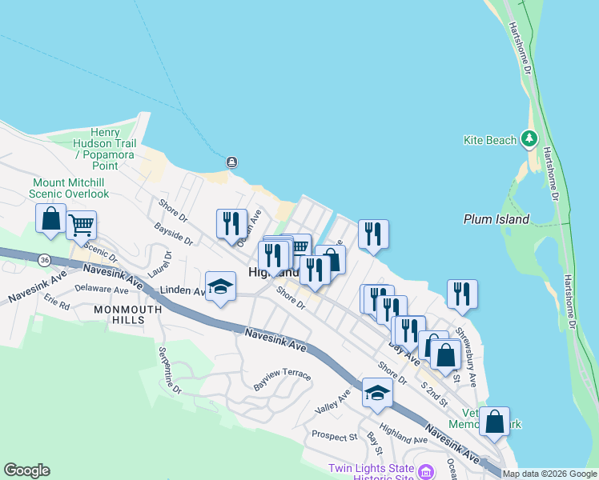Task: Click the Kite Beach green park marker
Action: pyautogui.click(x=529, y=139)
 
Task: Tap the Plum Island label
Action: pyautogui.click(x=496, y=219)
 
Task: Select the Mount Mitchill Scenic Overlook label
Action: pyautogui.click(x=70, y=188)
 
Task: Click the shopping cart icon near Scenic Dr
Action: pyautogui.click(x=82, y=226)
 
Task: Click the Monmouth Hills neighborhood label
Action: pyautogui.click(x=119, y=314)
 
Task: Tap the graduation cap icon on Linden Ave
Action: pyautogui.click(x=220, y=287)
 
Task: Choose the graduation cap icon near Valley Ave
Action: pyautogui.click(x=377, y=392)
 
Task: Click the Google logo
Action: pyautogui.click(x=26, y=470)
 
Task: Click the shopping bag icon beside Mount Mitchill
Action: pyautogui.click(x=50, y=218)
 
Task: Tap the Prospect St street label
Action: pyautogui.click(x=334, y=437)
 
